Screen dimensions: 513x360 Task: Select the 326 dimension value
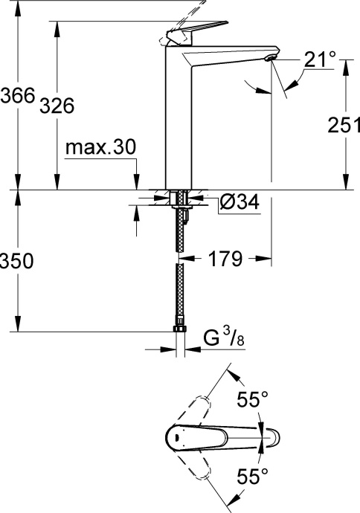click(x=57, y=106)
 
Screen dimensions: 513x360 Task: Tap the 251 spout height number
click(x=343, y=126)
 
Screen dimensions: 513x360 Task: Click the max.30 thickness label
click(x=100, y=148)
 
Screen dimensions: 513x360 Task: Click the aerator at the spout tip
click(x=271, y=58)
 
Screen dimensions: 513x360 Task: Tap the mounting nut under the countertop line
click(x=179, y=199)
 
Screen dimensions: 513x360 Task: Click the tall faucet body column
click(x=179, y=126)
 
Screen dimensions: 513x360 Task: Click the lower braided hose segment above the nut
click(x=179, y=294)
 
